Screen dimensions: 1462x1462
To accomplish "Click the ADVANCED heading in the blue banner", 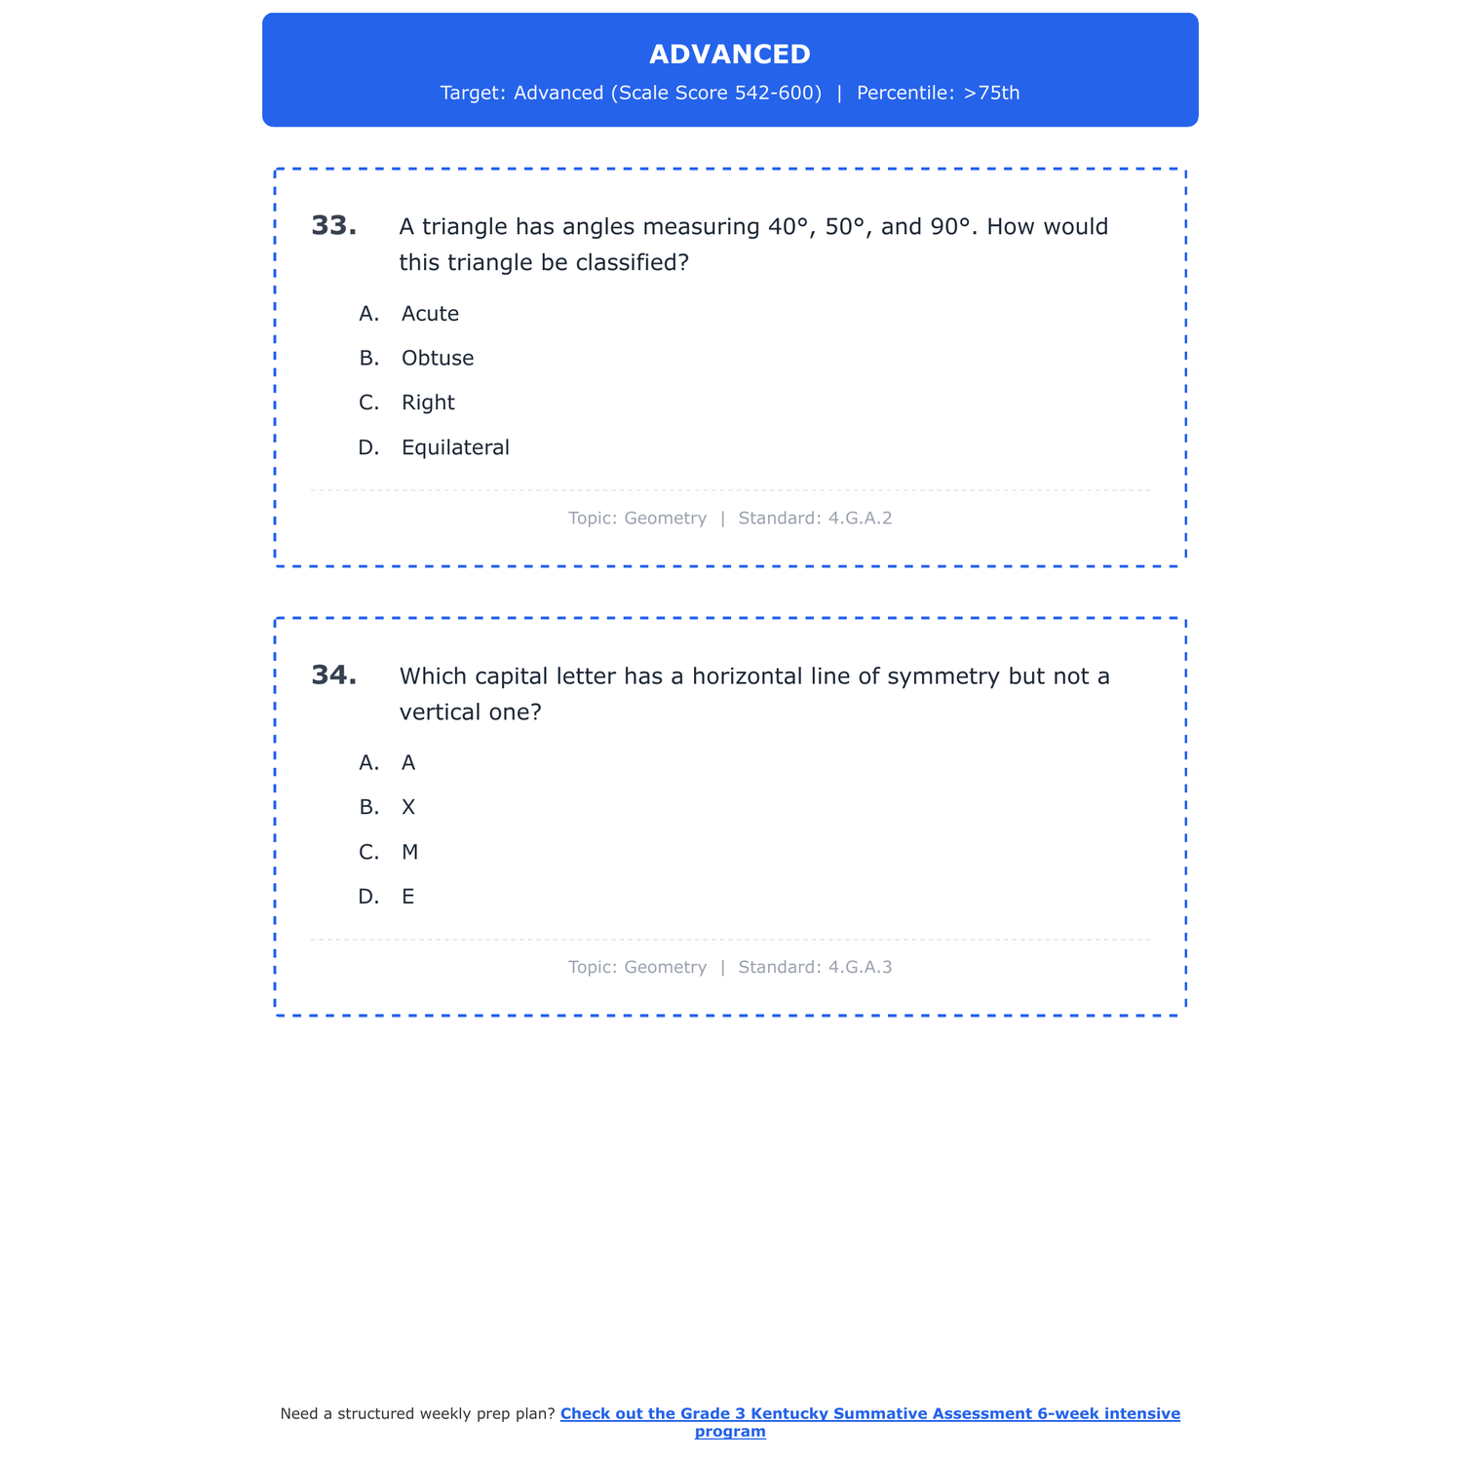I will pos(729,55).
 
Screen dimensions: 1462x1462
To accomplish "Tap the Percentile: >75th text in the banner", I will pos(938,94).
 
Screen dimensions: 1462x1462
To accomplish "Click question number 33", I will pos(333,226).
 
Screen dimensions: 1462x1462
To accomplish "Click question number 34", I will pos(333,675).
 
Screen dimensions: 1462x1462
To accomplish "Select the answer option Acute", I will pos(430,314).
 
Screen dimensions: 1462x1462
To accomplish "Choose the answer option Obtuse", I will pos(438,359).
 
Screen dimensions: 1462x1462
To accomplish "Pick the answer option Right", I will pos(428,404).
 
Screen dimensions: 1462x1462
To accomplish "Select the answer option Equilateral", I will pos(455,448).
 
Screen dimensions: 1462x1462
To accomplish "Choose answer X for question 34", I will pos(408,808).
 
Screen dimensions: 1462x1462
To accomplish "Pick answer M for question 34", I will pos(409,853).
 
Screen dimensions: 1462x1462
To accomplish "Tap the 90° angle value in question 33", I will pos(950,227).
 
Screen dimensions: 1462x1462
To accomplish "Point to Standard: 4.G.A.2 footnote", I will pos(815,519).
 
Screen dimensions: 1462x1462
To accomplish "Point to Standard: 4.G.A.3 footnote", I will pos(815,968).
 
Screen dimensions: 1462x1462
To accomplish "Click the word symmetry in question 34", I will pos(942,676).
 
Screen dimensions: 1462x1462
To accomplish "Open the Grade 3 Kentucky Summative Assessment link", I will pos(869,1414).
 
